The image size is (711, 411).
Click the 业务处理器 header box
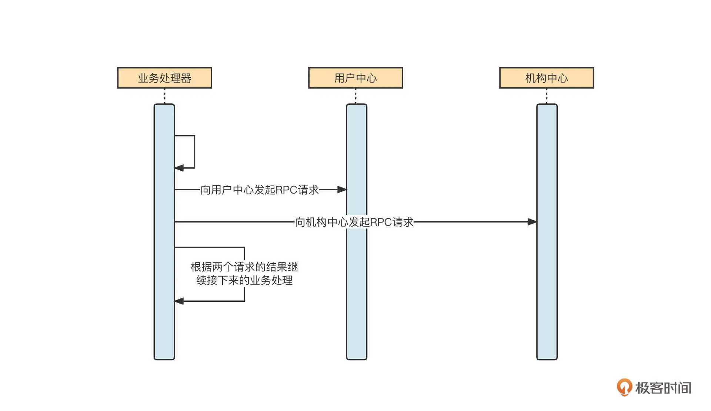click(x=164, y=78)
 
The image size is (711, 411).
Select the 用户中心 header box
click(x=355, y=78)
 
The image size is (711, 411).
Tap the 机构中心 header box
click(x=546, y=78)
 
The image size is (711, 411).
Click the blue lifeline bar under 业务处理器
click(x=164, y=326)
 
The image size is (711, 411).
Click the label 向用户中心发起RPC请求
click(x=259, y=190)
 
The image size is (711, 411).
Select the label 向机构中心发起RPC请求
click(x=354, y=222)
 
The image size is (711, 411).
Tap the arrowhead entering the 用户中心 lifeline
click(x=342, y=190)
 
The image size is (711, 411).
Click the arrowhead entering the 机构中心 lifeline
click(x=532, y=222)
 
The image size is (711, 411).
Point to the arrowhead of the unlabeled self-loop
click(x=179, y=168)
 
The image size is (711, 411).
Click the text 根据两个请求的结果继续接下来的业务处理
click(x=244, y=274)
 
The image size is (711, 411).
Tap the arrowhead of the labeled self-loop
click(x=179, y=301)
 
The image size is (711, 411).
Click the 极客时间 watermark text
click(x=663, y=388)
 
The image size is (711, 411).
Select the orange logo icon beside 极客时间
click(x=624, y=387)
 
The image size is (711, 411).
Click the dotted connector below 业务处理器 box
click(x=164, y=96)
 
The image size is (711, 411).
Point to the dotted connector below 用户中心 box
click(x=355, y=96)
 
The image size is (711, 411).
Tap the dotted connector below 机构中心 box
click(x=547, y=96)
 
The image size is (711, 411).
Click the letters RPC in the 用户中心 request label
click(x=286, y=190)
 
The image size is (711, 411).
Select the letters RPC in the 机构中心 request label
click(x=381, y=222)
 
